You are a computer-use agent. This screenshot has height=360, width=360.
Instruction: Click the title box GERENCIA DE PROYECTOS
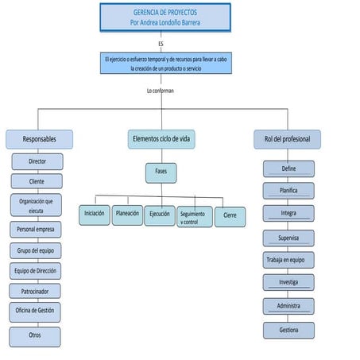point(165,17)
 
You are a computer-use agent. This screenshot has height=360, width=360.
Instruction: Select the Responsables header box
point(39,139)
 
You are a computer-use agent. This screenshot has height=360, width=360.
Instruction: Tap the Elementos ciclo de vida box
point(161,139)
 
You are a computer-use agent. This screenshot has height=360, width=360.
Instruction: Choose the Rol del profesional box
point(287,139)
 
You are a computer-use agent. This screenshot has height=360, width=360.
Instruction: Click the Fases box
point(161,172)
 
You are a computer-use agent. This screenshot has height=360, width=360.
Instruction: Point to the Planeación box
point(127,215)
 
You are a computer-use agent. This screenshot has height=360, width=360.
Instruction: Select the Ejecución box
point(159,215)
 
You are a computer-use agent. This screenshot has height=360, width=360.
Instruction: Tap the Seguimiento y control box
point(194,216)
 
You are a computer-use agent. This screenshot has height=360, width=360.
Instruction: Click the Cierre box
point(230,215)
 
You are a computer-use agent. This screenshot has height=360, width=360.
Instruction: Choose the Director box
point(37,161)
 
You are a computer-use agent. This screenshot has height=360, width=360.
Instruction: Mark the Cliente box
point(37,182)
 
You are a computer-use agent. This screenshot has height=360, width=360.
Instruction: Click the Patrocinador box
point(35,292)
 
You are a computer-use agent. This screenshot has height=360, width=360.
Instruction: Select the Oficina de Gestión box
point(35,311)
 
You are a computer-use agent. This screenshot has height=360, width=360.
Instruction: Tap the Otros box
point(35,335)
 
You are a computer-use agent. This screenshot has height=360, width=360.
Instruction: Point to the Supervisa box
point(288,238)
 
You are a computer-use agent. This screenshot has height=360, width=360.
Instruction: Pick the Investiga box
point(288,282)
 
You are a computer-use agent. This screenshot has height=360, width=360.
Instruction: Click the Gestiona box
point(288,330)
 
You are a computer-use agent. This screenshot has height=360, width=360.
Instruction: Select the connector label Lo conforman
point(161,91)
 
